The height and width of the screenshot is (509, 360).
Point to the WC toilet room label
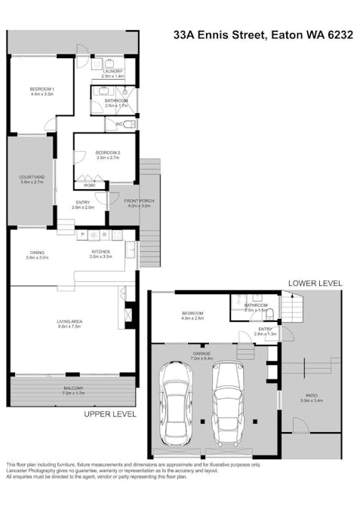coord(118,124)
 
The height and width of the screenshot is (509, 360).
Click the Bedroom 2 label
coord(108,155)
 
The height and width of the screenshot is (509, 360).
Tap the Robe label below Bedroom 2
coord(89,185)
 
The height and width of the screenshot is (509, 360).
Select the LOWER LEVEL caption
coord(315,283)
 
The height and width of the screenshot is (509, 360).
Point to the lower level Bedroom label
coord(192,315)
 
